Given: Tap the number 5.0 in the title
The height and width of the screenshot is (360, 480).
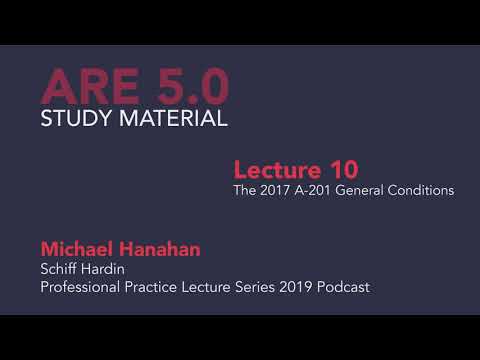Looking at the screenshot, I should click(186, 87).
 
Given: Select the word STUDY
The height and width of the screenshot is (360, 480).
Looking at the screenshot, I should click(75, 120).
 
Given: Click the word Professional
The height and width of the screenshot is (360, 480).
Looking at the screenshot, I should click(80, 287).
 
